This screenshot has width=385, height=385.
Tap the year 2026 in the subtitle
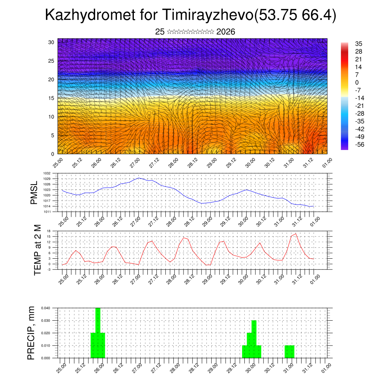click(x=226, y=32)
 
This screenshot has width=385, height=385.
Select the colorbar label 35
click(x=358, y=44)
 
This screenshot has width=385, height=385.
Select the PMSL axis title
click(x=34, y=193)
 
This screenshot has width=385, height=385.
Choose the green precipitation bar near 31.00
click(x=290, y=352)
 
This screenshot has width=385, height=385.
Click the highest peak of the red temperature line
click(x=296, y=234)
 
